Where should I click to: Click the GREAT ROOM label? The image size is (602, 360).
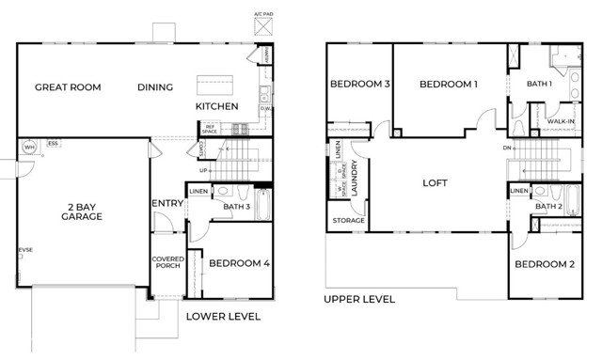68,87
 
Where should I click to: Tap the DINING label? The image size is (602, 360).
155,87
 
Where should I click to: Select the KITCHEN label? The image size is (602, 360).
216,106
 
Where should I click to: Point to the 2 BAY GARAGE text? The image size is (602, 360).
83,211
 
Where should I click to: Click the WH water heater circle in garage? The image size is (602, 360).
29,148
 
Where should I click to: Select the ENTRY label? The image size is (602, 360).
166,204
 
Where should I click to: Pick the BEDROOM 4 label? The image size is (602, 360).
239,263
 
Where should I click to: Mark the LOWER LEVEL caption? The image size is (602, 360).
223,317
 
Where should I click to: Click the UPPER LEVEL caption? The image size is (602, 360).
359,300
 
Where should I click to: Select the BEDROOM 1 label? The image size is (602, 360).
449,85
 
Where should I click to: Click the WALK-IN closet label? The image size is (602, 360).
561,121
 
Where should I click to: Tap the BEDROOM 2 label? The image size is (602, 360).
545,264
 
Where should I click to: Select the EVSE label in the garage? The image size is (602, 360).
24,250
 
